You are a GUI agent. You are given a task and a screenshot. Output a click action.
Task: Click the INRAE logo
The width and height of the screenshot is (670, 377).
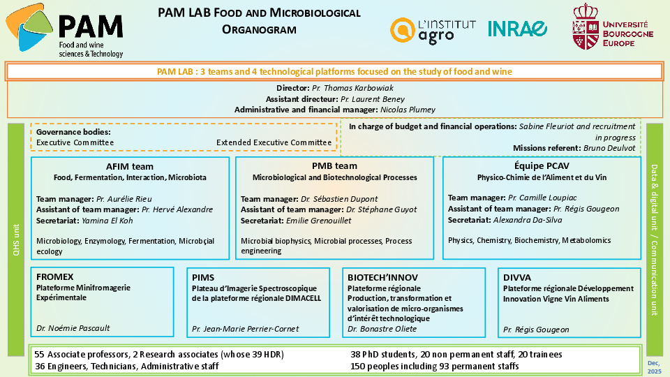517,29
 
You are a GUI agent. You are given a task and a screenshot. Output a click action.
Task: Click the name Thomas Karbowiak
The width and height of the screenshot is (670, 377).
357,89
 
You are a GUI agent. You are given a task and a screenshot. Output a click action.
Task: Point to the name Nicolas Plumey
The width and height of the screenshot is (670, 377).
408,110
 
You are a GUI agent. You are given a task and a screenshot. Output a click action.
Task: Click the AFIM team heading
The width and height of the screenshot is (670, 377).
130,167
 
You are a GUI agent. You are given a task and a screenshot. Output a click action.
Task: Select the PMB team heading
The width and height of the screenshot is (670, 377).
334,166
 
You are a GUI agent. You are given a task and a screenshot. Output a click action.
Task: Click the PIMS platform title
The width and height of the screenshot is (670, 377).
203,277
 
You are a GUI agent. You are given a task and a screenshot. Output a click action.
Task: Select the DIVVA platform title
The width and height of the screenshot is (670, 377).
517,277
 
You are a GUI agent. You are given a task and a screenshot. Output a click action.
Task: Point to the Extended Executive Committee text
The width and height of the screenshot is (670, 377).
274,142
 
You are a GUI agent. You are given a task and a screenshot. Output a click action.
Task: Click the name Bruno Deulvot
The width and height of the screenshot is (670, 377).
612,148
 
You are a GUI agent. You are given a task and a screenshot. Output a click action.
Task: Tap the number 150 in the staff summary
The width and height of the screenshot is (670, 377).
357,366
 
